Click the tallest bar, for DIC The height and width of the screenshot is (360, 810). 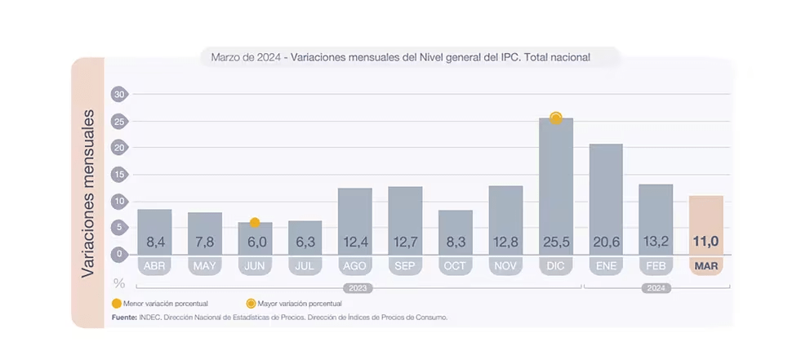[555, 180]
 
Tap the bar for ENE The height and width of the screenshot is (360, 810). [606, 196]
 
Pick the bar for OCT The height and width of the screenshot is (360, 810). [455, 229]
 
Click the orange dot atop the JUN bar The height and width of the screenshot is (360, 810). [255, 222]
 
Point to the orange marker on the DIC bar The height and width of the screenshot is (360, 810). [556, 118]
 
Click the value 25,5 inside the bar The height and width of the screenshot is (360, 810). [555, 242]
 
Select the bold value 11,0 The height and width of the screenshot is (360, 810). [705, 242]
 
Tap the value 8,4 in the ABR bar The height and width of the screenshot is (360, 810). [154, 242]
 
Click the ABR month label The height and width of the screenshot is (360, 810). [154, 266]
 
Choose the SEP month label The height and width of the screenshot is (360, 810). [405, 266]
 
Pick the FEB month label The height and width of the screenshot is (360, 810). [656, 266]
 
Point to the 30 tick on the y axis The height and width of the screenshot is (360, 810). [119, 95]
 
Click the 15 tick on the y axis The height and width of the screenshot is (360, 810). [119, 175]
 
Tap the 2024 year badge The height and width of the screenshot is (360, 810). [656, 288]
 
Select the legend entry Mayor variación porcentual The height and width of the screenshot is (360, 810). [295, 304]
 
